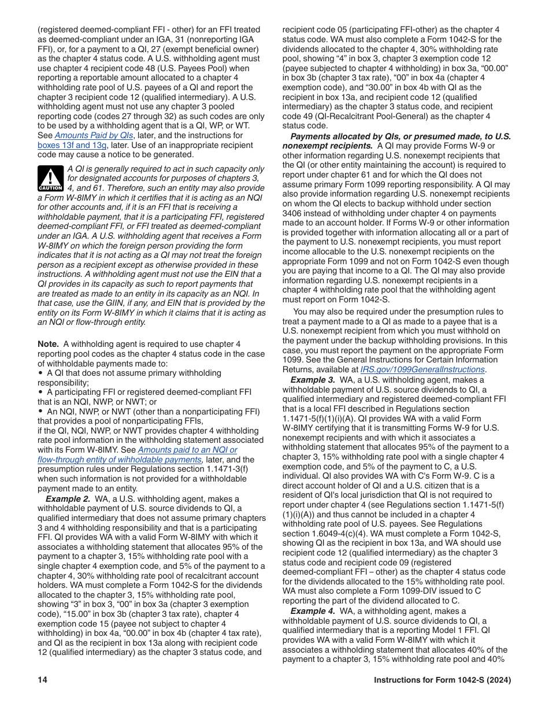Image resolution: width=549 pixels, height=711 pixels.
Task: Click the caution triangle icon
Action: [x=50, y=179]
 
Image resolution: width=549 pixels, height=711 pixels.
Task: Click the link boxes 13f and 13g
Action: [x=72, y=145]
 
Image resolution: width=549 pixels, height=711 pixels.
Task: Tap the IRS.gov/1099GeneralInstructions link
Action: [x=422, y=369]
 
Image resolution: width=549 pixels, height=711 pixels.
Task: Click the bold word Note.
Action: [x=48, y=344]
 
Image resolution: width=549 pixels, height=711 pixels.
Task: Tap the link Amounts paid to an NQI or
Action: [x=187, y=450]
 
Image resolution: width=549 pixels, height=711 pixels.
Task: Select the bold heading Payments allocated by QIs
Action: [x=347, y=136]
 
